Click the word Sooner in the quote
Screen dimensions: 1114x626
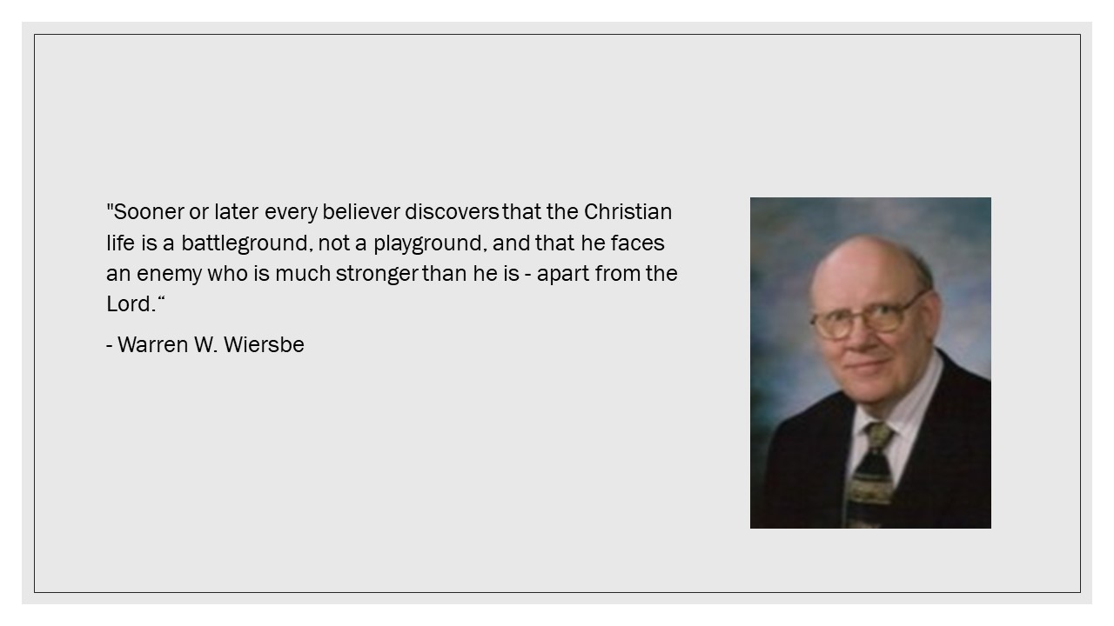149,212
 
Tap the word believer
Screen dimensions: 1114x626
361,212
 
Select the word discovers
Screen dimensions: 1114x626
452,212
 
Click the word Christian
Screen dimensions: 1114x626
627,212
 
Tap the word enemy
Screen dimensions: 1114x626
169,275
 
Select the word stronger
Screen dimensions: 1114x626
377,274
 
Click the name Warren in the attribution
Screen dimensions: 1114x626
153,345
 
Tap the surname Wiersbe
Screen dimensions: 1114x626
264,345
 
